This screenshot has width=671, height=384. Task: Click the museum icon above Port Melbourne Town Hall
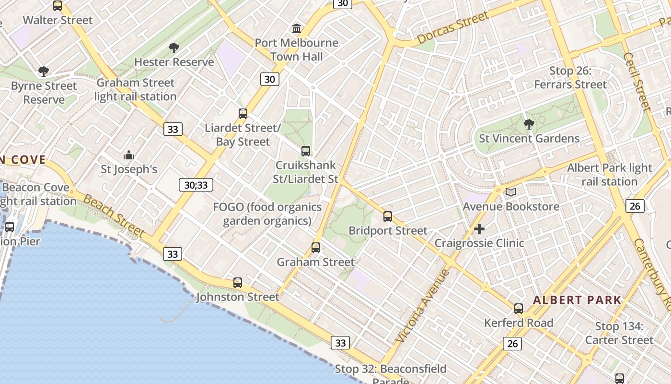tap(297, 29)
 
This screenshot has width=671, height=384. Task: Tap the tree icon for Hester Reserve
tap(174, 48)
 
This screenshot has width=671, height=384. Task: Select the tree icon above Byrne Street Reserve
tap(44, 72)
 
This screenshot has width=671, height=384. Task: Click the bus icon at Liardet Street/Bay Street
tap(243, 114)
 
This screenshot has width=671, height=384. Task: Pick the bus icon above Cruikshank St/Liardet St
tap(306, 151)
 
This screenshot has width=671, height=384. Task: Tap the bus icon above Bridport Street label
tap(388, 216)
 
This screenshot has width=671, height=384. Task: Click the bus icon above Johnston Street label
tap(238, 283)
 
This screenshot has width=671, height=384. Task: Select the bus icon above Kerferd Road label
tap(519, 309)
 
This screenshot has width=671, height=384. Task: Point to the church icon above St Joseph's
tap(129, 155)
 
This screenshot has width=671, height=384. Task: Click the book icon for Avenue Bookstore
tap(511, 192)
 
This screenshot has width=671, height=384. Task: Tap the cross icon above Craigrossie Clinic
tap(479, 229)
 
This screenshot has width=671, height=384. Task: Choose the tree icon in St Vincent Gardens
tap(529, 124)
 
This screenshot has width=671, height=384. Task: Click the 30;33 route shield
tap(196, 185)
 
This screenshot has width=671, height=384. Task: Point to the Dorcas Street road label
tap(452, 28)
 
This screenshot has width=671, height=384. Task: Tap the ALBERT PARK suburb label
tap(577, 300)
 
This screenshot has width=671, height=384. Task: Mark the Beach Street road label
tap(114, 216)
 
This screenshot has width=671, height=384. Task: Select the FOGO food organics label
tap(267, 214)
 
